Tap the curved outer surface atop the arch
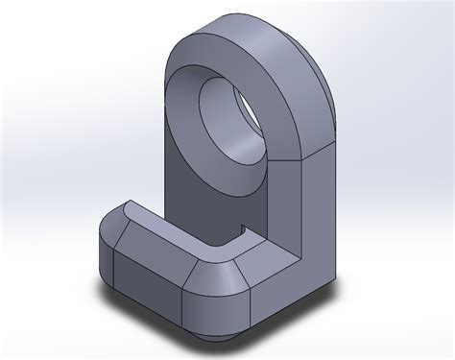pyautogui.click(x=259, y=43)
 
